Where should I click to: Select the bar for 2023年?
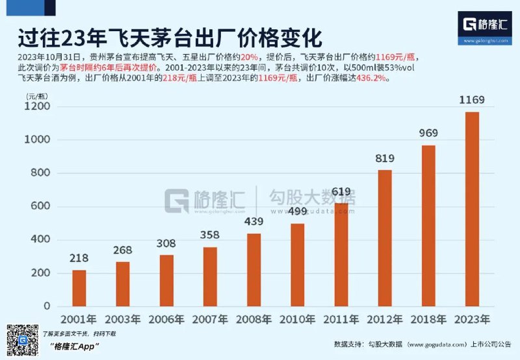(472, 209)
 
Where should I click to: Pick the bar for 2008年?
(253, 270)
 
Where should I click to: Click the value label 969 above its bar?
(428, 133)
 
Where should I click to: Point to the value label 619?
(341, 192)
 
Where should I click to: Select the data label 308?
(166, 243)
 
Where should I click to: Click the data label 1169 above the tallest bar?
(472, 100)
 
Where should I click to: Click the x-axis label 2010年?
(297, 320)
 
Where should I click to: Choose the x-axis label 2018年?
(428, 320)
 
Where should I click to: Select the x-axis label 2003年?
(123, 320)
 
